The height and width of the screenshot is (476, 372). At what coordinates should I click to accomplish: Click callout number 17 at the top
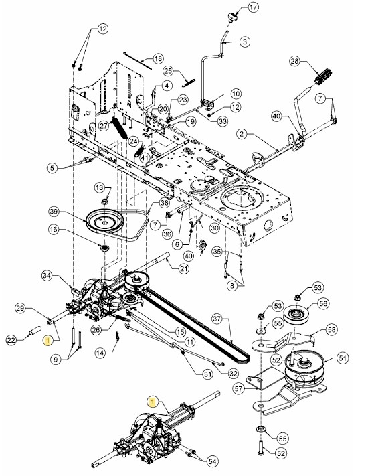[x=253, y=7]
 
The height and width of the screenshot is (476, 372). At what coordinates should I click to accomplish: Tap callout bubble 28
[x=294, y=61]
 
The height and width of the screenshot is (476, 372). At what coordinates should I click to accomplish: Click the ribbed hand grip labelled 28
[x=323, y=77]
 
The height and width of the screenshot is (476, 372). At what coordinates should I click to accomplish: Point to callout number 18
[x=158, y=58]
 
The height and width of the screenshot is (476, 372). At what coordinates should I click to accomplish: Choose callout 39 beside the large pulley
[x=55, y=212]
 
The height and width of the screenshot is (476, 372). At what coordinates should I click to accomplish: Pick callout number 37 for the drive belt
[x=217, y=319]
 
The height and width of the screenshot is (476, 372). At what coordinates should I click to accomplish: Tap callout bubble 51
[x=343, y=358]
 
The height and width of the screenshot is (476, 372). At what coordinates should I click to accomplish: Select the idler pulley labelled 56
[x=296, y=315]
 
